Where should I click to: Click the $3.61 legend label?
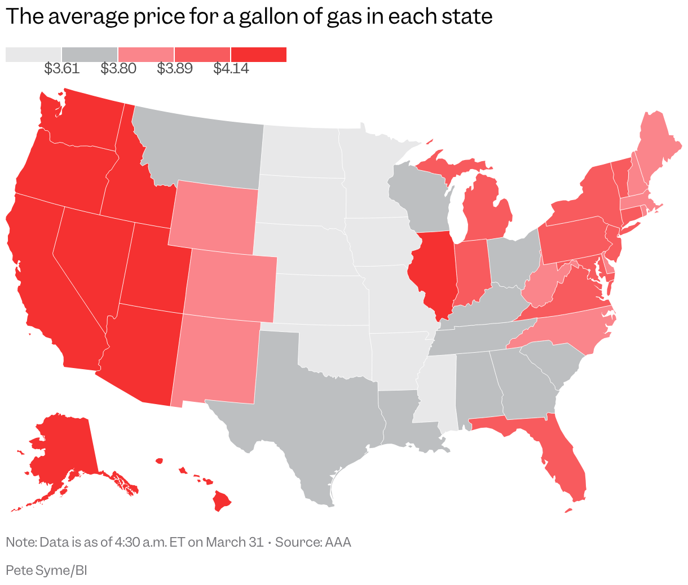point(61,69)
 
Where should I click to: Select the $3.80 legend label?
point(118,69)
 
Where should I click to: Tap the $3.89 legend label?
point(174,69)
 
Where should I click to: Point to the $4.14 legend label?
point(231,69)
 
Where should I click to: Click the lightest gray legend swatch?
point(33,54)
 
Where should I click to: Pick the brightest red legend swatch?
point(258,54)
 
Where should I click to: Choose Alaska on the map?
point(62,451)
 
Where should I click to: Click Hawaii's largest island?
point(222,500)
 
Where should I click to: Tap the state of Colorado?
point(231,285)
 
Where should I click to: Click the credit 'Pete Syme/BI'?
point(46,570)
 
